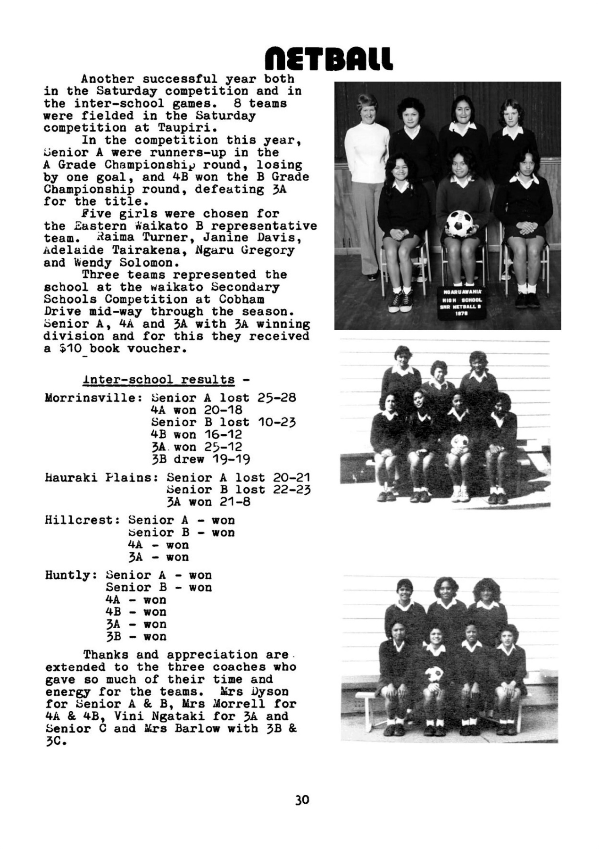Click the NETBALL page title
click(329, 58)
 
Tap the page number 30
click(302, 799)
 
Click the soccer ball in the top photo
click(459, 224)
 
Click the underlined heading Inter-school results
click(158, 380)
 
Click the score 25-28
click(276, 398)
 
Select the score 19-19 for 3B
click(231, 459)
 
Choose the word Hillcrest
click(83, 520)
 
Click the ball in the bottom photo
click(433, 674)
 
